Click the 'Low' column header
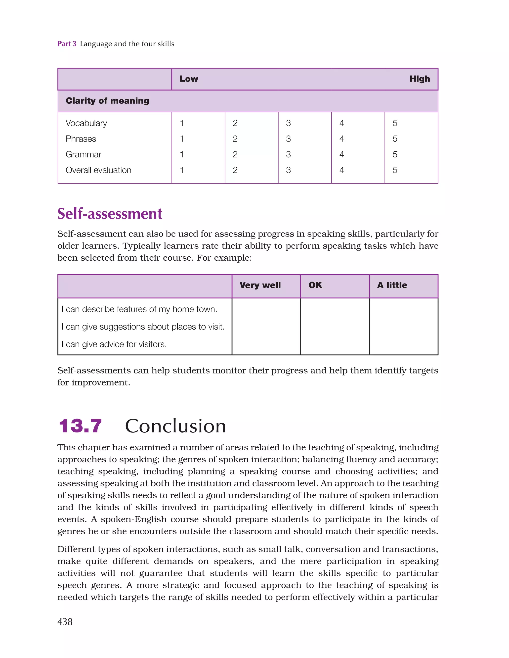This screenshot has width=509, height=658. click(x=189, y=79)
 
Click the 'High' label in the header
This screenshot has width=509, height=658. click(x=419, y=79)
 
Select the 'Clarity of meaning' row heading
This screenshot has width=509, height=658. click(x=107, y=101)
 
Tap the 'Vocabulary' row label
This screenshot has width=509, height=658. click(x=86, y=123)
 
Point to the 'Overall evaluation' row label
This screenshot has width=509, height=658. click(x=98, y=170)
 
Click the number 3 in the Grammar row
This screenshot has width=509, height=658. click(x=288, y=155)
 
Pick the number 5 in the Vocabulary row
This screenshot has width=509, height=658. click(x=395, y=123)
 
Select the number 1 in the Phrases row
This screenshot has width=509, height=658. click(x=182, y=139)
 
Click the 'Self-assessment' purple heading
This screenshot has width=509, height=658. click(x=110, y=214)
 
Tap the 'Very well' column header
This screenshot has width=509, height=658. click(x=260, y=285)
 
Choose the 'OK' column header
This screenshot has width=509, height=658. click(x=315, y=285)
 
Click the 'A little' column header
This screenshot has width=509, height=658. click(x=392, y=285)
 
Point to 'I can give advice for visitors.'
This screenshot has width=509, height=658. click(x=114, y=344)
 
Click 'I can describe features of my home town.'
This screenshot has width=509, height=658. click(x=139, y=309)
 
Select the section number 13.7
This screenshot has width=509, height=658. click(x=80, y=426)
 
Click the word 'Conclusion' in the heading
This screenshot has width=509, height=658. click(x=175, y=426)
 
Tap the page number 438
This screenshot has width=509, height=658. click(x=65, y=621)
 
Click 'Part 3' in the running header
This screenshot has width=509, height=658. click(x=67, y=44)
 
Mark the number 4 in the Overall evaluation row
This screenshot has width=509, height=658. click(x=341, y=170)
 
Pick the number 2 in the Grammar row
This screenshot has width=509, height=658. click(x=235, y=155)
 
